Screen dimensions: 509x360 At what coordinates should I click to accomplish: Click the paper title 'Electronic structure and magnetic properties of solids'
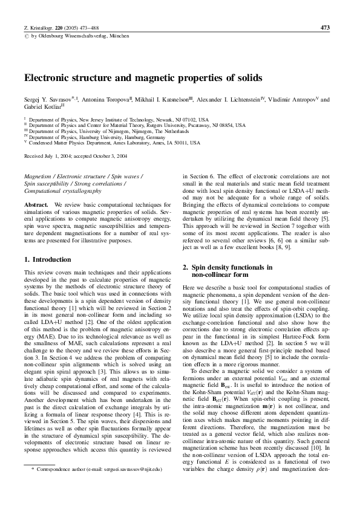tap(143, 79)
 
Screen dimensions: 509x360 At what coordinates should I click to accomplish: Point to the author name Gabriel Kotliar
tap(41, 107)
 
